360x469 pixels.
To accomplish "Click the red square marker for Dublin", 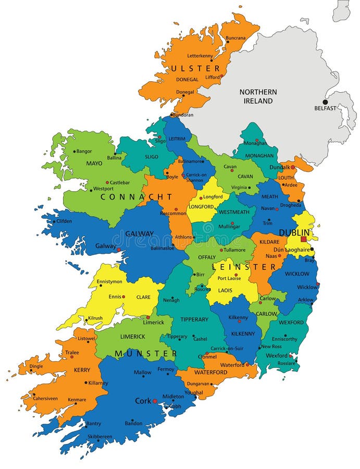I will [304, 239].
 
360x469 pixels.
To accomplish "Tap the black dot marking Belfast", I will [326, 102].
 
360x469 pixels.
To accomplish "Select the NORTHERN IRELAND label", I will [258, 96].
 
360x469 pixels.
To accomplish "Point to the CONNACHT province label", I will [136, 197].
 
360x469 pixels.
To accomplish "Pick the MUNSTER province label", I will [146, 354].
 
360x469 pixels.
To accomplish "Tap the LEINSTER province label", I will [243, 266].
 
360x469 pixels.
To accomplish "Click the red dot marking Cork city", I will [155, 401].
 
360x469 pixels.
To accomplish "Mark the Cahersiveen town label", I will [45, 398].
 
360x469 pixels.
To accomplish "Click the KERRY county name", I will [82, 370].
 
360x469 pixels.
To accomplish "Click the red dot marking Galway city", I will [119, 250].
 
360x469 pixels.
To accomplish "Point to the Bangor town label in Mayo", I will [84, 151].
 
